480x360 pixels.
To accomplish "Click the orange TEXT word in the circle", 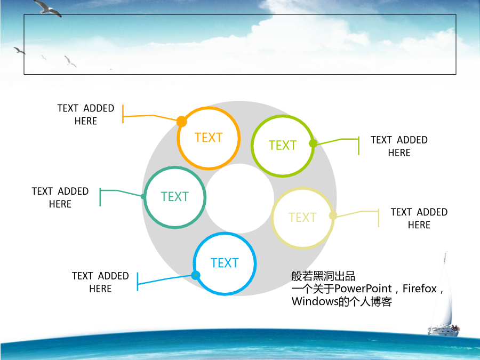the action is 209,138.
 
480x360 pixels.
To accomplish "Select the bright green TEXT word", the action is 283,146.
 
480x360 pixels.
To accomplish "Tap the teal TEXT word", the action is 175,196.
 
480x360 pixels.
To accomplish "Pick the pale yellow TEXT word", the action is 302,218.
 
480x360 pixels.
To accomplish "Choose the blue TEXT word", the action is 225,263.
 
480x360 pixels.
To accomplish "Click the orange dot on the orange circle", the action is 181,122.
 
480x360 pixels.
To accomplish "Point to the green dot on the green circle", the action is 313,143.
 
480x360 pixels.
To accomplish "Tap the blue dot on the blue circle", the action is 196,275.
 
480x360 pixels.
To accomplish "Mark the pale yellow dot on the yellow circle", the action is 333,216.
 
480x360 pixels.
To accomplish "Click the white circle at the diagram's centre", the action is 239,198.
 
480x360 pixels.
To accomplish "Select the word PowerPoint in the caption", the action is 363,289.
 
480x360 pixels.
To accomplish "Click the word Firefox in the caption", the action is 419,289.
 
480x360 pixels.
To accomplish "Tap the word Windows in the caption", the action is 315,301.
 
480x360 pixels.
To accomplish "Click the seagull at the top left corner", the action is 47,7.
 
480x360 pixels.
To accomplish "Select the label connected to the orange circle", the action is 86,115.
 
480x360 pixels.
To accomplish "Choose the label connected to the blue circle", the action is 100,282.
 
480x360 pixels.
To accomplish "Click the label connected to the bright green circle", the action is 399,146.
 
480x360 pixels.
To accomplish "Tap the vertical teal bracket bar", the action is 100,197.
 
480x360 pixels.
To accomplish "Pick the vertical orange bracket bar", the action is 123,114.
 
